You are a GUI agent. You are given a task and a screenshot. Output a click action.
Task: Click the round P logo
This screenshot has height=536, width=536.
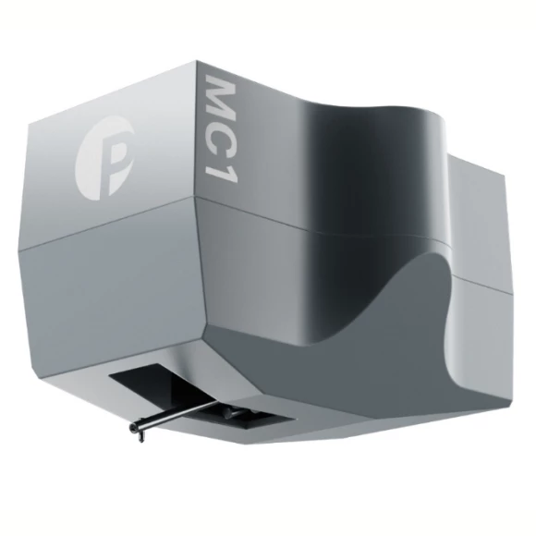pyautogui.click(x=104, y=157)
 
